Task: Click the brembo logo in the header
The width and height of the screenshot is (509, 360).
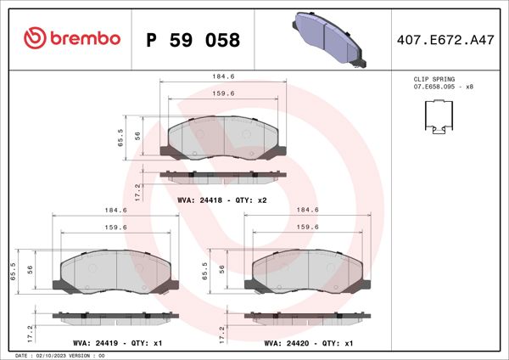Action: (x=71, y=38)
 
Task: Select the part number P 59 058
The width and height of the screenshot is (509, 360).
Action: (x=193, y=40)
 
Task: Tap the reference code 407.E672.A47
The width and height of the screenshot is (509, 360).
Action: (x=445, y=39)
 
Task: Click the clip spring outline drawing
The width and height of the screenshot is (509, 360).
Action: (x=439, y=118)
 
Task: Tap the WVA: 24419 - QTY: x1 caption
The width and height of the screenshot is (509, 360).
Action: (x=116, y=343)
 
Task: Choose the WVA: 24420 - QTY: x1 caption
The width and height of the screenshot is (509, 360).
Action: (x=308, y=343)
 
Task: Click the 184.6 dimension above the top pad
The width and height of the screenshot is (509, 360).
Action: (x=222, y=76)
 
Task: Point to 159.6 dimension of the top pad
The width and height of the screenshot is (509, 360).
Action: (x=222, y=94)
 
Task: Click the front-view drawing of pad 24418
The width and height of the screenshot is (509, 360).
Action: (x=223, y=137)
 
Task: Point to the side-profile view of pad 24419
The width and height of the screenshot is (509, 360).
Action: (x=115, y=316)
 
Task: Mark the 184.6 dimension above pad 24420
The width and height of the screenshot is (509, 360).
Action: (x=307, y=210)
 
